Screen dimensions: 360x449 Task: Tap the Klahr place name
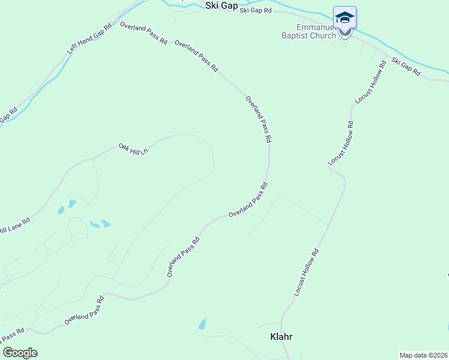point(281,337)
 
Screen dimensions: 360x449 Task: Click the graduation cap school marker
point(345,18)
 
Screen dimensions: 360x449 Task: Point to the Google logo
point(20,353)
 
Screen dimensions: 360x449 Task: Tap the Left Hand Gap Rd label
point(89,40)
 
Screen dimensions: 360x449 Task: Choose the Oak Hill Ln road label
point(133,149)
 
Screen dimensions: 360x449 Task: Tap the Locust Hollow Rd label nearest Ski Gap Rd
point(369,82)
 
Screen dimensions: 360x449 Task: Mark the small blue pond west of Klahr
point(202,324)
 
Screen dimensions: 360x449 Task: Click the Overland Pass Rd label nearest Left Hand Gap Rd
point(143,33)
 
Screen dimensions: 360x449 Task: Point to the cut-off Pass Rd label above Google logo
point(12,333)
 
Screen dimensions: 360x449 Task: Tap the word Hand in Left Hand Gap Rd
point(88,41)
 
